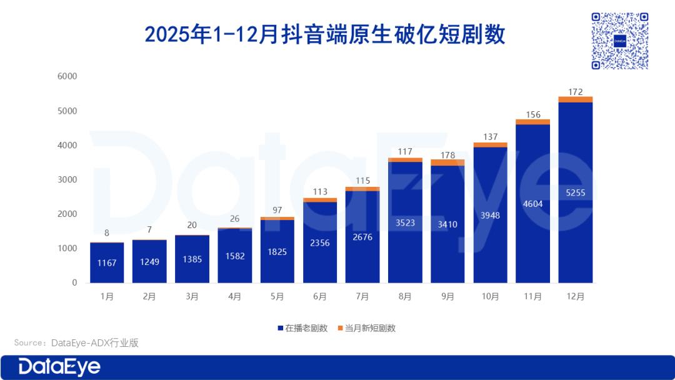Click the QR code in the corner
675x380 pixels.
[619, 41]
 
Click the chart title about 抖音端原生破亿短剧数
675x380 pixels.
[324, 34]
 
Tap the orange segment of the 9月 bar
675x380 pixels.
[447, 162]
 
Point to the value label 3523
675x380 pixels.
[405, 222]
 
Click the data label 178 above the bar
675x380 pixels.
[447, 154]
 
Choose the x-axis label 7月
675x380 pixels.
[362, 297]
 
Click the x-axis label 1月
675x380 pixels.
[107, 297]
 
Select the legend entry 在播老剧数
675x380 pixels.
[302, 328]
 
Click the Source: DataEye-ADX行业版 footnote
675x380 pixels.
[76, 342]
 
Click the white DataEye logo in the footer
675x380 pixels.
[59, 367]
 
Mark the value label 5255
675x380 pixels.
[575, 192]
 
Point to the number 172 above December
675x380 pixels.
[575, 92]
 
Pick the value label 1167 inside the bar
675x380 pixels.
[107, 263]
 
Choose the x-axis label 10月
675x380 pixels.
[490, 297]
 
